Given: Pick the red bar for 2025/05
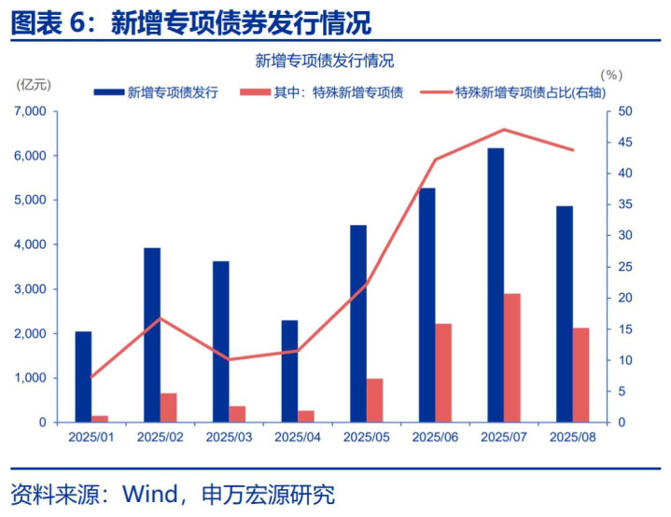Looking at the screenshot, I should pos(374,400).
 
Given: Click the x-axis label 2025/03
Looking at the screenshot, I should pos(229,437).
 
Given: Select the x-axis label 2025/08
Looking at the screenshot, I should pos(572,437).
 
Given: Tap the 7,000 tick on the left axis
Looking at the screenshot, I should pos(31,111).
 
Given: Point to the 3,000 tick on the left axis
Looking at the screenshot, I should pos(31,289).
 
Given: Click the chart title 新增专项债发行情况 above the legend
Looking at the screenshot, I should pos(325,61).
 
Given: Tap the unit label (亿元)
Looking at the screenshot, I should pos(35,84).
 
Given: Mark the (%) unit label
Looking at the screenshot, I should pos(610,74).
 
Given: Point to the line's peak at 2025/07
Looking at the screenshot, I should pos(504,130).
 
